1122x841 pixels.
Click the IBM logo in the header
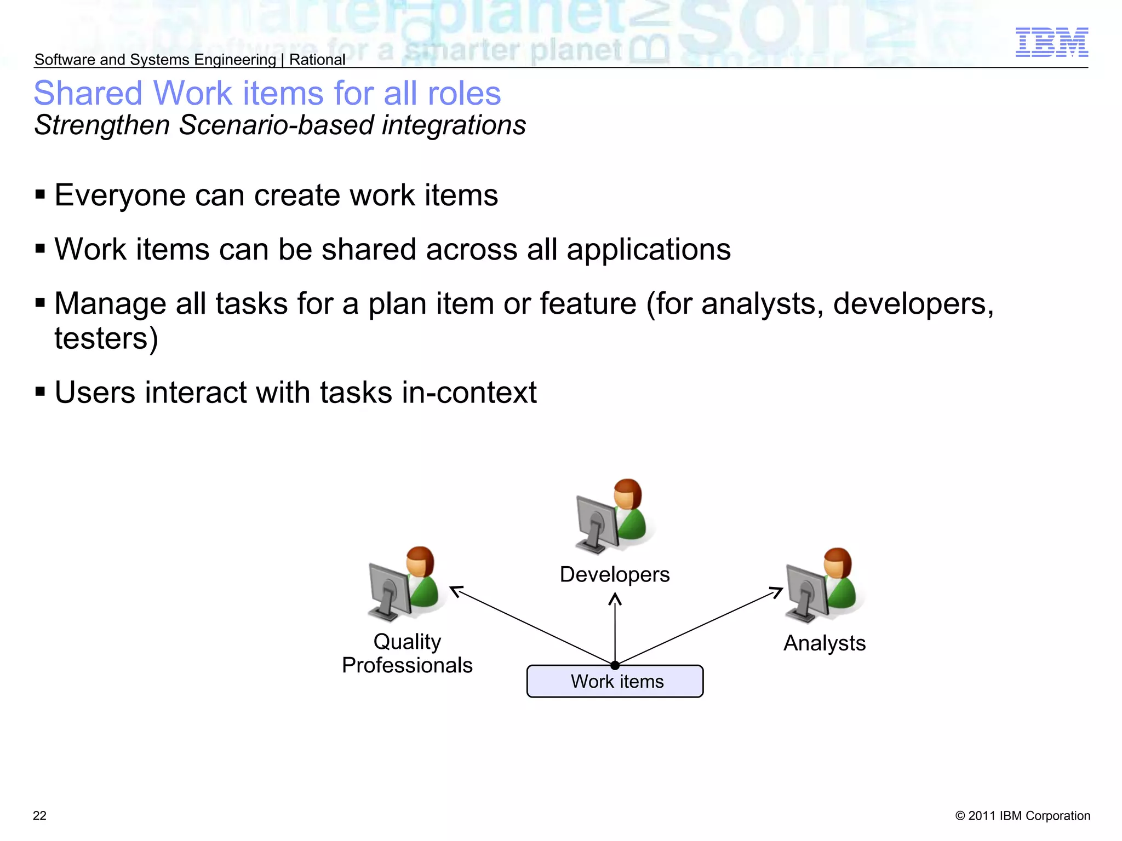click(x=1051, y=42)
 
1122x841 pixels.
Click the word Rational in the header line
click(x=317, y=60)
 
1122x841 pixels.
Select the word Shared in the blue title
click(x=88, y=93)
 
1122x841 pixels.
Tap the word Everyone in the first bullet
click(x=119, y=195)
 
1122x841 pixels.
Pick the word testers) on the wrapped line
click(x=106, y=338)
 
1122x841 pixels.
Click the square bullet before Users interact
click(x=40, y=392)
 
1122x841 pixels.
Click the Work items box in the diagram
click(x=615, y=682)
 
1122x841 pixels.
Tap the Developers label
click(x=615, y=574)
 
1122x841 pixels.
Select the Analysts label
click(x=824, y=643)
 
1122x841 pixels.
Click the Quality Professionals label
click(x=407, y=653)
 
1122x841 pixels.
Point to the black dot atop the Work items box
click(x=615, y=665)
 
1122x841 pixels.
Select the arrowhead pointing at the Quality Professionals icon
click(x=455, y=590)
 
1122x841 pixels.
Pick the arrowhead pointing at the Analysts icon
click(x=777, y=591)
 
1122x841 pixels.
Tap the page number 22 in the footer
click(x=40, y=816)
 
